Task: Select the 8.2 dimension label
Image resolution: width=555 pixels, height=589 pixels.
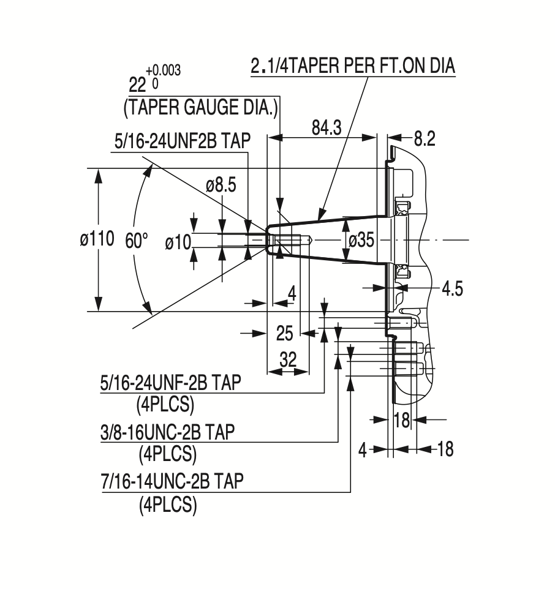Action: (x=424, y=139)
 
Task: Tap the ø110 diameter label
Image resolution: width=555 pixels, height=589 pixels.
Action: (x=97, y=239)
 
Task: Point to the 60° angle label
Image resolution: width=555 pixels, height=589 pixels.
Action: (x=137, y=240)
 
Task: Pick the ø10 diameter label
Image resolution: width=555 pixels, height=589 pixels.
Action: (x=178, y=242)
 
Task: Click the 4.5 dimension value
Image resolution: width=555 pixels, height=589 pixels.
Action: (x=451, y=289)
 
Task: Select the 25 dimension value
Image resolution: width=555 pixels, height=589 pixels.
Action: (x=285, y=333)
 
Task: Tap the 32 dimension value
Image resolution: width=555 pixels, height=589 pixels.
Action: (x=287, y=359)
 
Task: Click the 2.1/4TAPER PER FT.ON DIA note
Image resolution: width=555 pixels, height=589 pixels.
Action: (x=353, y=66)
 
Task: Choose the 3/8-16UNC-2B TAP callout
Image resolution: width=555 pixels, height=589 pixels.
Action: (x=167, y=432)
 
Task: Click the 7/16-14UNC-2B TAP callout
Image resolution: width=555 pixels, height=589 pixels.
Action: (x=172, y=481)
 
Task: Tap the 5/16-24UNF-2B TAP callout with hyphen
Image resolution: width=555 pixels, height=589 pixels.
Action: (x=170, y=383)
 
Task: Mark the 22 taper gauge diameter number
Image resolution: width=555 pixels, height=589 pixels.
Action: (x=140, y=83)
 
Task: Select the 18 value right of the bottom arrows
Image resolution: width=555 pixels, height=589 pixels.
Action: (x=445, y=449)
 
